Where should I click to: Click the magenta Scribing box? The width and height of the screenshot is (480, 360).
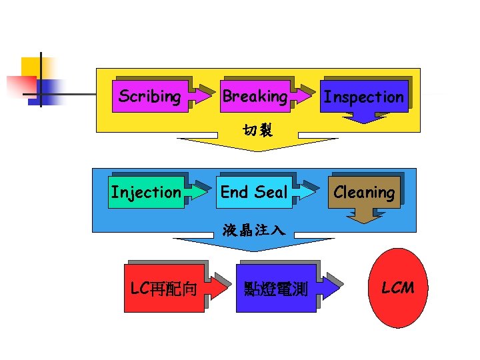click(149, 97)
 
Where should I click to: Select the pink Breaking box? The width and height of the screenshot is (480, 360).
click(255, 97)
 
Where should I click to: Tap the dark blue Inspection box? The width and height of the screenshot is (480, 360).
click(363, 97)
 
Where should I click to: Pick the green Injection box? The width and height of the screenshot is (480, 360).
click(146, 193)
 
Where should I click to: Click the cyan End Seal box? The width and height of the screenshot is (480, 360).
click(254, 193)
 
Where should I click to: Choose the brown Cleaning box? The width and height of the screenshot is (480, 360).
click(364, 193)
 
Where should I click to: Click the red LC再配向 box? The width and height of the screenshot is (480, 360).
click(163, 289)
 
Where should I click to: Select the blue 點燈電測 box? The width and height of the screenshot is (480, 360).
click(275, 289)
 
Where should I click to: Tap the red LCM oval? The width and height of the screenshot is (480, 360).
click(397, 287)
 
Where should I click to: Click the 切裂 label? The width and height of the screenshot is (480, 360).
click(258, 129)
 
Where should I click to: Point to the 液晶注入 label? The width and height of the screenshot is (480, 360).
click(254, 231)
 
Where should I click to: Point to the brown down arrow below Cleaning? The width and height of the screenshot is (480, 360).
click(363, 215)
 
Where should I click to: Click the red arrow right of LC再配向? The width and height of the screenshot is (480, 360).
click(217, 288)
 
